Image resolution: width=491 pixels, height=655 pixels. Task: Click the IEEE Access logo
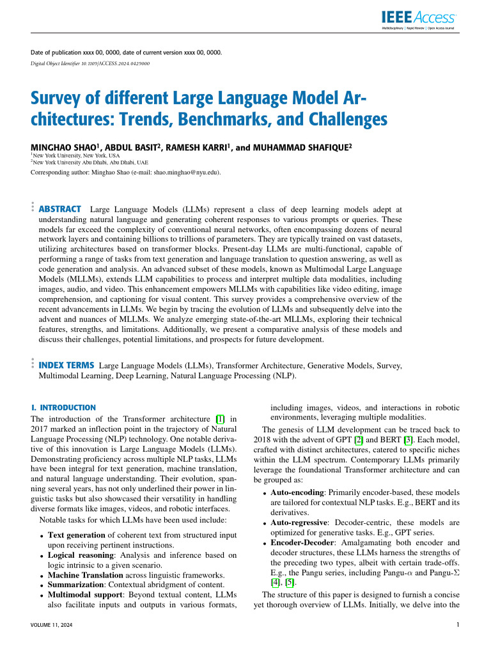[419, 20]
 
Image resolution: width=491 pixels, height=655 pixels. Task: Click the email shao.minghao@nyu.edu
[179, 172]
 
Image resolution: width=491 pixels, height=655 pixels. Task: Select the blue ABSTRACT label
[60, 209]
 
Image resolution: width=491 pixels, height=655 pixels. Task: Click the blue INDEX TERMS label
[66, 365]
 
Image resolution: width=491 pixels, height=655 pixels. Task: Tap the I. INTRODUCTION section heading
[63, 407]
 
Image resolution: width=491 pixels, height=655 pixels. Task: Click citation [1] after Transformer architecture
[221, 419]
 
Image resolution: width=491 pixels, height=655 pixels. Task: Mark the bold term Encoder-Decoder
[303, 542]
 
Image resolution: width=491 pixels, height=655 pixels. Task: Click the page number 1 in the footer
[459, 625]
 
